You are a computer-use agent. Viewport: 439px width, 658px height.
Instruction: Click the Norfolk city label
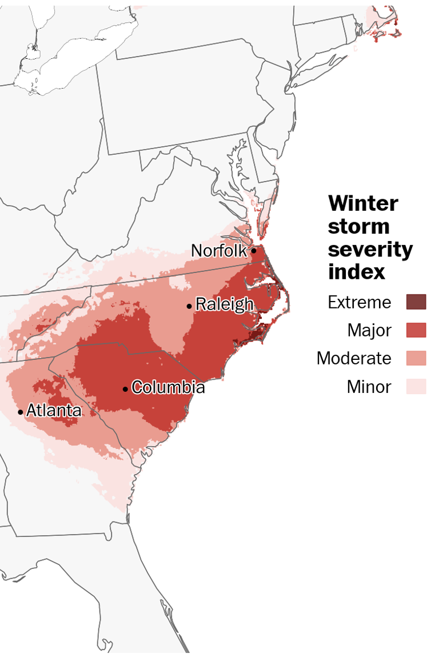219,251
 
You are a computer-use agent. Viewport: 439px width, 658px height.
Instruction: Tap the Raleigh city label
224,304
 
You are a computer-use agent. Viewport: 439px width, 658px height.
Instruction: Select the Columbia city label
168,387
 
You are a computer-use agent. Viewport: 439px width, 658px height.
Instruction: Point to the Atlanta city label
54,410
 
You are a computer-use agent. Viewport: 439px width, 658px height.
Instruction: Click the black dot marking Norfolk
253,250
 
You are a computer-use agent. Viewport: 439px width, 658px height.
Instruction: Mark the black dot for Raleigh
189,306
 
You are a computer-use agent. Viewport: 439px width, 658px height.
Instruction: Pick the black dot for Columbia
125,389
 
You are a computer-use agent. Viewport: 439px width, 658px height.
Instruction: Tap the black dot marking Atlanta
21,412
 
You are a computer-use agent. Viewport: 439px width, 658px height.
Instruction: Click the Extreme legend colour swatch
416,302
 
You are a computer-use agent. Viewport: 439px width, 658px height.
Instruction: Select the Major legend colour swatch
416,330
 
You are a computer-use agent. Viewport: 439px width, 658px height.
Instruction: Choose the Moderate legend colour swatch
416,358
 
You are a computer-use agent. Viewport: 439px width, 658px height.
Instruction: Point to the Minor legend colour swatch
416,387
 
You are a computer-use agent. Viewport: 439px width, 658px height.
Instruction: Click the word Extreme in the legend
360,302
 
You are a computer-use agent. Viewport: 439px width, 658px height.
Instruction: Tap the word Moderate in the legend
354,358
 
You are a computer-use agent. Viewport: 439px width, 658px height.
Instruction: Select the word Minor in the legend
369,387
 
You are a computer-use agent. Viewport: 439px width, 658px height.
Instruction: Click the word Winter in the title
364,203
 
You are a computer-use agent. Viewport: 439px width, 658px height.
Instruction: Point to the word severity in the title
370,250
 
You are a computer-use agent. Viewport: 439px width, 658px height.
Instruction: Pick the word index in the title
356,272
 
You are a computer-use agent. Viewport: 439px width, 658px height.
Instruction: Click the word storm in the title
359,227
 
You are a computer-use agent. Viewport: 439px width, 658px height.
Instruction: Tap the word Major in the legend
369,330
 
